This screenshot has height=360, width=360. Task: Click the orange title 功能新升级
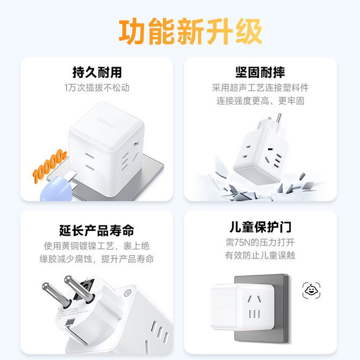pos(190,32)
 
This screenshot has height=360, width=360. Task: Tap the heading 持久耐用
pos(97,73)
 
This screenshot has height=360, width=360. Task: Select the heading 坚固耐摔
pos(260,73)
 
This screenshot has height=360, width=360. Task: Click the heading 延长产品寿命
pos(97,231)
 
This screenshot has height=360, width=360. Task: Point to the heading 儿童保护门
pos(261,227)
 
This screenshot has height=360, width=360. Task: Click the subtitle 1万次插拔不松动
pos(97,88)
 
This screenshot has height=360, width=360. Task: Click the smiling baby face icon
pos(311,291)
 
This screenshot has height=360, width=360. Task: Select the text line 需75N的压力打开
pos(260,242)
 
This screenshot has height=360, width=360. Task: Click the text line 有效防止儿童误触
pos(260,255)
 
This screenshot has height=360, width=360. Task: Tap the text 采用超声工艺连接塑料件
pos(261,88)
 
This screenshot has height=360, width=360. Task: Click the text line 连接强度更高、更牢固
pos(261,101)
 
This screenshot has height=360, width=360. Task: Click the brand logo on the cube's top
pos(107,123)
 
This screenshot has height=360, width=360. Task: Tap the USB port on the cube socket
pos(136,144)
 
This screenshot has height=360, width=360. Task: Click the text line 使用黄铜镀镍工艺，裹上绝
pos(97,246)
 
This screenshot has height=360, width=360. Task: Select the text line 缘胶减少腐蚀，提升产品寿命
pos(97,259)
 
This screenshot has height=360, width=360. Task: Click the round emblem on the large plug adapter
pos(128,294)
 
